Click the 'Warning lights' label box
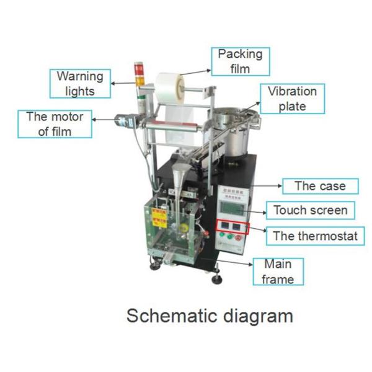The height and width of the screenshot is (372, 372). click(x=81, y=83)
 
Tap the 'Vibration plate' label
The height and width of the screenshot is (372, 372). click(x=292, y=99)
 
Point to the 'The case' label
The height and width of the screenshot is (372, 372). click(x=320, y=186)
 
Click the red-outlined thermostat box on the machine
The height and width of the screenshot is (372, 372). click(x=231, y=227)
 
